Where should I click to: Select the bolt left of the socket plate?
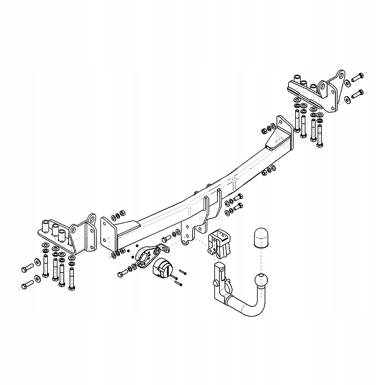[x=122, y=273]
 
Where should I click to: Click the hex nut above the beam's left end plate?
[x=122, y=213]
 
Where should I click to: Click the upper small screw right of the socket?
[x=183, y=272]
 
